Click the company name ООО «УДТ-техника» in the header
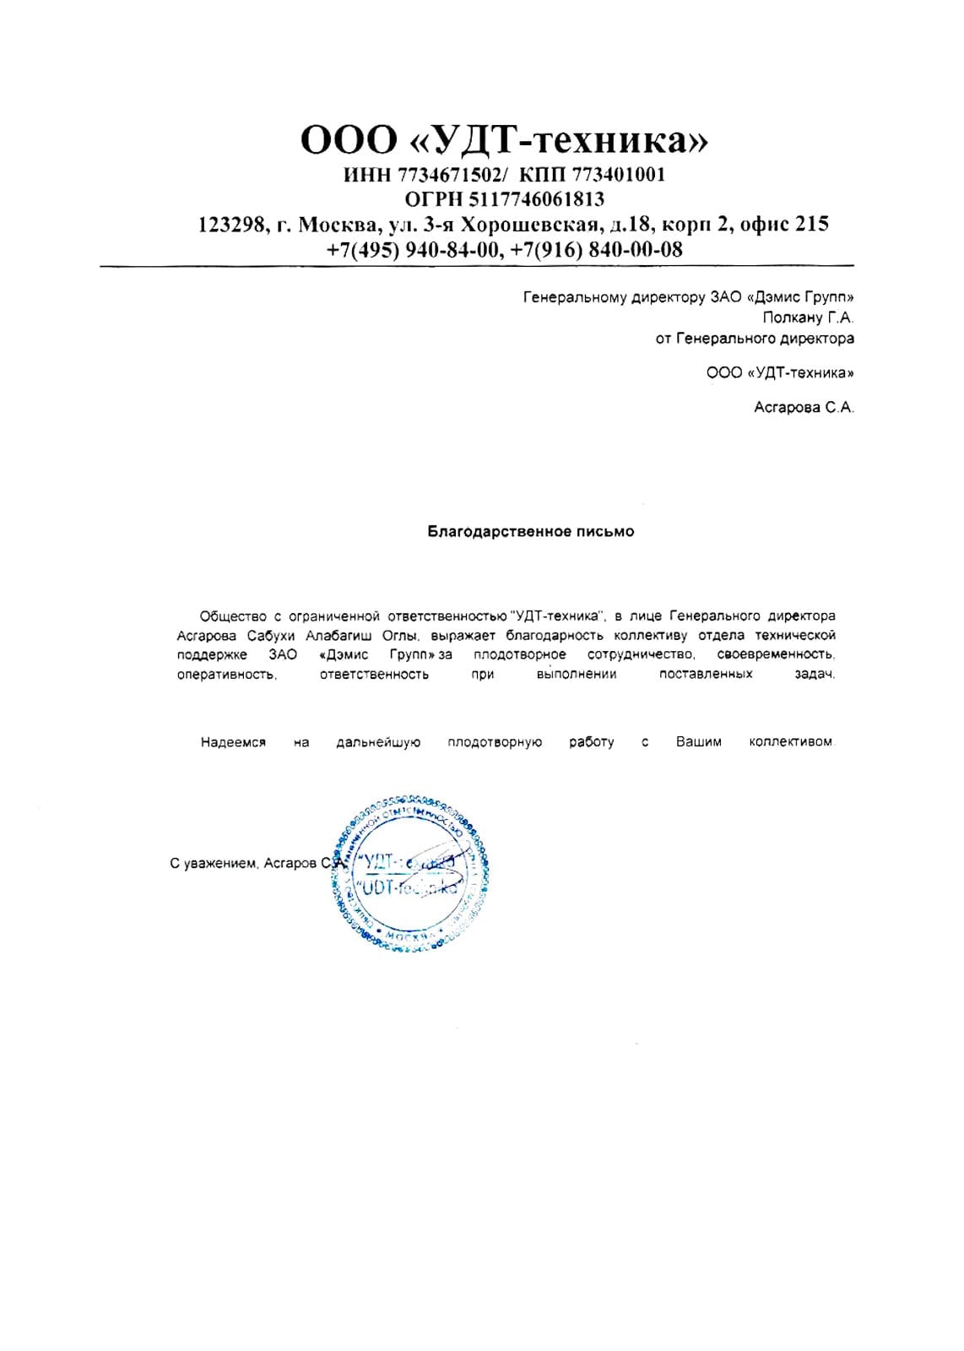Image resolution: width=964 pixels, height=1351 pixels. [x=504, y=140]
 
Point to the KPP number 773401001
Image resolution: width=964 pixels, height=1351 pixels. [x=619, y=175]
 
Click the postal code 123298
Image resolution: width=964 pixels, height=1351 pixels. [x=231, y=225]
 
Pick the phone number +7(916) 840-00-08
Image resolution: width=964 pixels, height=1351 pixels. [x=597, y=250]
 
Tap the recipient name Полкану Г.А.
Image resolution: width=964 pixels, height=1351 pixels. [x=808, y=318]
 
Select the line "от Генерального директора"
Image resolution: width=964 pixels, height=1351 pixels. [x=755, y=339]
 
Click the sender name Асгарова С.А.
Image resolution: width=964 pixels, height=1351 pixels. [x=804, y=408]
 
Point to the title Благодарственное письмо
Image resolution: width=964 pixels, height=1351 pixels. [x=530, y=532]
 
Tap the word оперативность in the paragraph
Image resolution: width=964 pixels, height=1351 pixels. [x=226, y=675]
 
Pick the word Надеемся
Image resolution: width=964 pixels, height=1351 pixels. [x=233, y=743]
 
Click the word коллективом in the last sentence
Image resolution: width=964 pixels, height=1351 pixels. [x=791, y=742]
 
